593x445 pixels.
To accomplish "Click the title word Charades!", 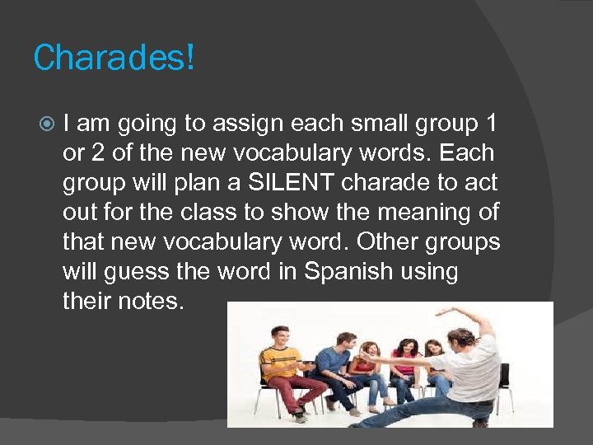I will tap(114, 59).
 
